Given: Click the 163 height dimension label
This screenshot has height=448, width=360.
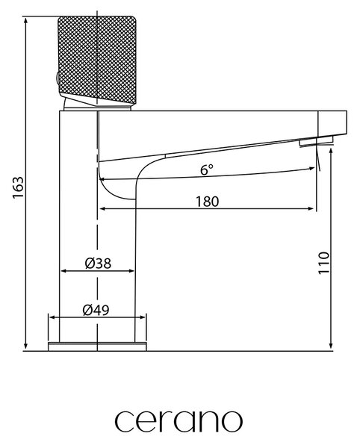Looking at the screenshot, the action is [x=18, y=187].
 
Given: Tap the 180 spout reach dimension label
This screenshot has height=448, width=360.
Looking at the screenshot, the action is [x=208, y=202].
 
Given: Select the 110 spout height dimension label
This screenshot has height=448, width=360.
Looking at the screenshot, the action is [x=323, y=263].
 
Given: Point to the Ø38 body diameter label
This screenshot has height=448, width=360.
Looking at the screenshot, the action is [x=98, y=263].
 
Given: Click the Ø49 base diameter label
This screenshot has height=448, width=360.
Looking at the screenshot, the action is [x=96, y=310].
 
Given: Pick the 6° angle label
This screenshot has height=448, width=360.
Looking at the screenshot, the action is [x=207, y=169].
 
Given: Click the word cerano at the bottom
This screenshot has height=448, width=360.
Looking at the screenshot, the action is [x=179, y=421].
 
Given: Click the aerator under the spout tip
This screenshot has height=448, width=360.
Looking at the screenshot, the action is [x=316, y=141].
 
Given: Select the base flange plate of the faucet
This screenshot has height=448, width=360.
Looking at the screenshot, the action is [x=97, y=346].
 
